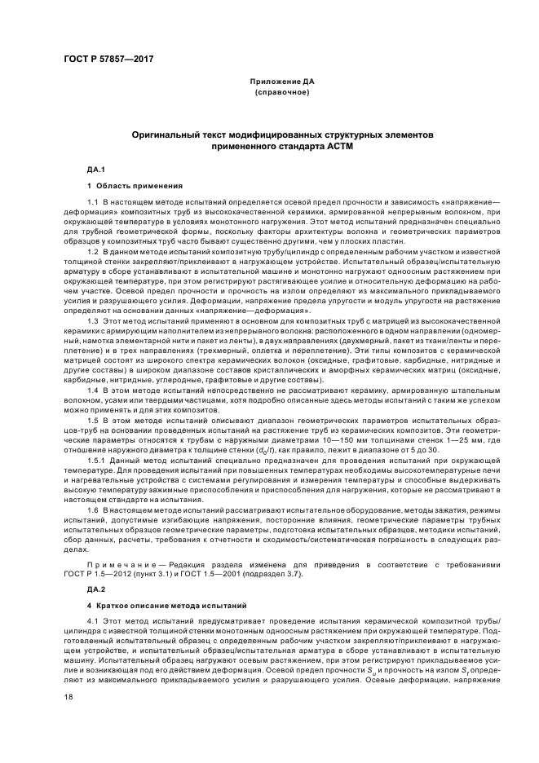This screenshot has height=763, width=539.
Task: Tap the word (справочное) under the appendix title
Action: tap(281, 94)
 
